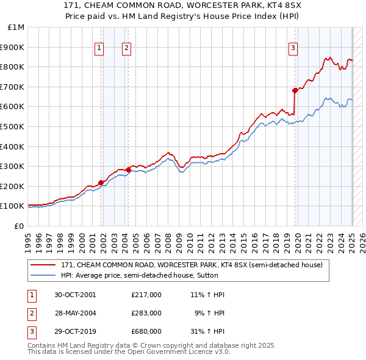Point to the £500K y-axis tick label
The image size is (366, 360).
tap(13, 126)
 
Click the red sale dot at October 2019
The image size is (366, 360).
tap(295, 90)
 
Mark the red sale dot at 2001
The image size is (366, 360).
tap(101, 182)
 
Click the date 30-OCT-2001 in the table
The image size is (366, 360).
tap(76, 295)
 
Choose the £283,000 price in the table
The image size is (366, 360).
tap(146, 313)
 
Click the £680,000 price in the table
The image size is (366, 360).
tap(146, 331)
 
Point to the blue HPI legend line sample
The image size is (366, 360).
tap(43, 275)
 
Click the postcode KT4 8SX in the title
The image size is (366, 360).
tap(242, 5)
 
